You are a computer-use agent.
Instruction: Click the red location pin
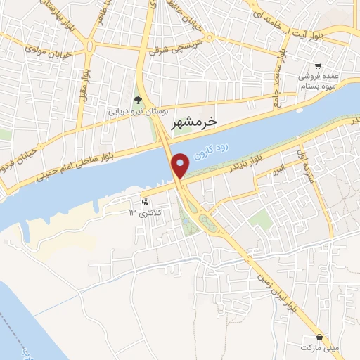click(181, 165)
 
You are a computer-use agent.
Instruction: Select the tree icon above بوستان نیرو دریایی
click(138, 101)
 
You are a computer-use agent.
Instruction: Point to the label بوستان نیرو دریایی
click(139, 111)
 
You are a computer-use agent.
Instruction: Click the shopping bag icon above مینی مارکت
click(320, 337)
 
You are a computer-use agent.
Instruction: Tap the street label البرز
click(280, 169)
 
